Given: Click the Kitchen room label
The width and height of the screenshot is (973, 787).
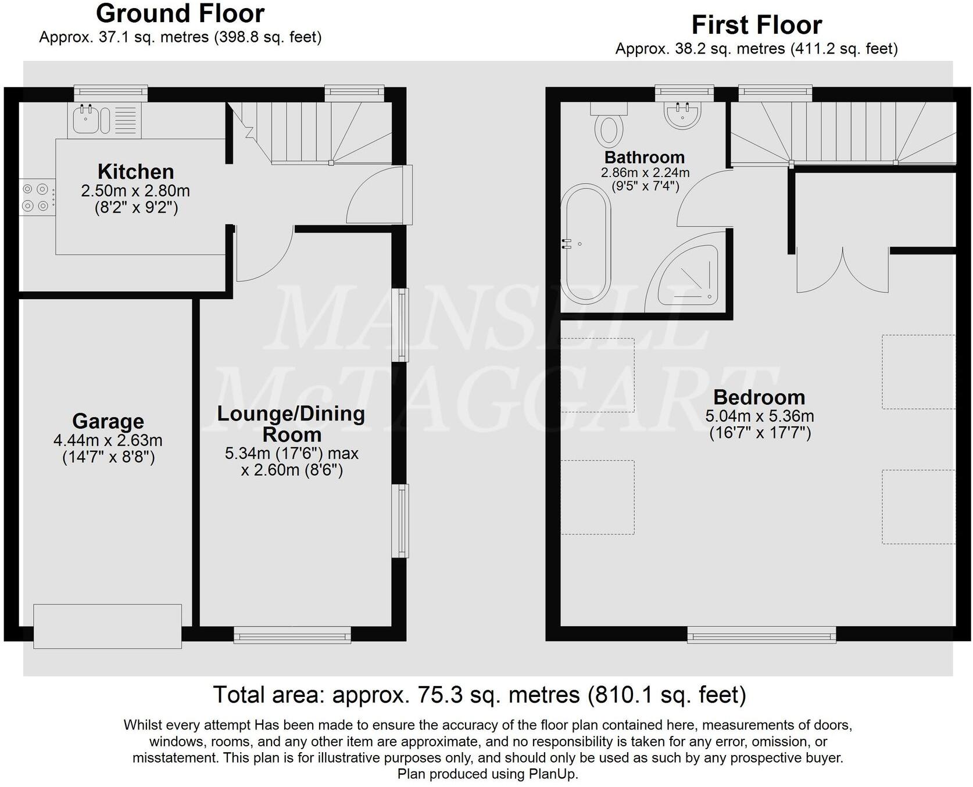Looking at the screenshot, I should click(135, 172).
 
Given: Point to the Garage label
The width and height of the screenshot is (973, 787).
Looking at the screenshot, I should click(108, 421).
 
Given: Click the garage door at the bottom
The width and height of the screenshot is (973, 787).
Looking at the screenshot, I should click(108, 626).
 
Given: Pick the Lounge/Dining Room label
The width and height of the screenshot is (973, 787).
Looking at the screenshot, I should click(291, 423).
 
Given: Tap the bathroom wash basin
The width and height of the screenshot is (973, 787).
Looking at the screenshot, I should click(682, 114).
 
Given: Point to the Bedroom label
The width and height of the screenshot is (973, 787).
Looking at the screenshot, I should click(759, 397).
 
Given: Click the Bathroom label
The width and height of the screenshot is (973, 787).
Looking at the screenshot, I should click(645, 157).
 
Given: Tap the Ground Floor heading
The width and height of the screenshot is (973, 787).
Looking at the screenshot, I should click(180, 13).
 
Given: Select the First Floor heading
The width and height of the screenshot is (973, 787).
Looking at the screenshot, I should click(756, 25).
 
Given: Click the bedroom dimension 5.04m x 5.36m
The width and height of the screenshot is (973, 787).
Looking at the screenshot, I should click(759, 416).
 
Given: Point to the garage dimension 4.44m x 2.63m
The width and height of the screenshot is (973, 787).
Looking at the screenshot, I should click(108, 440).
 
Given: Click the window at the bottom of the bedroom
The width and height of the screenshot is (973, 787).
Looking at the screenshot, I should click(761, 635).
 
